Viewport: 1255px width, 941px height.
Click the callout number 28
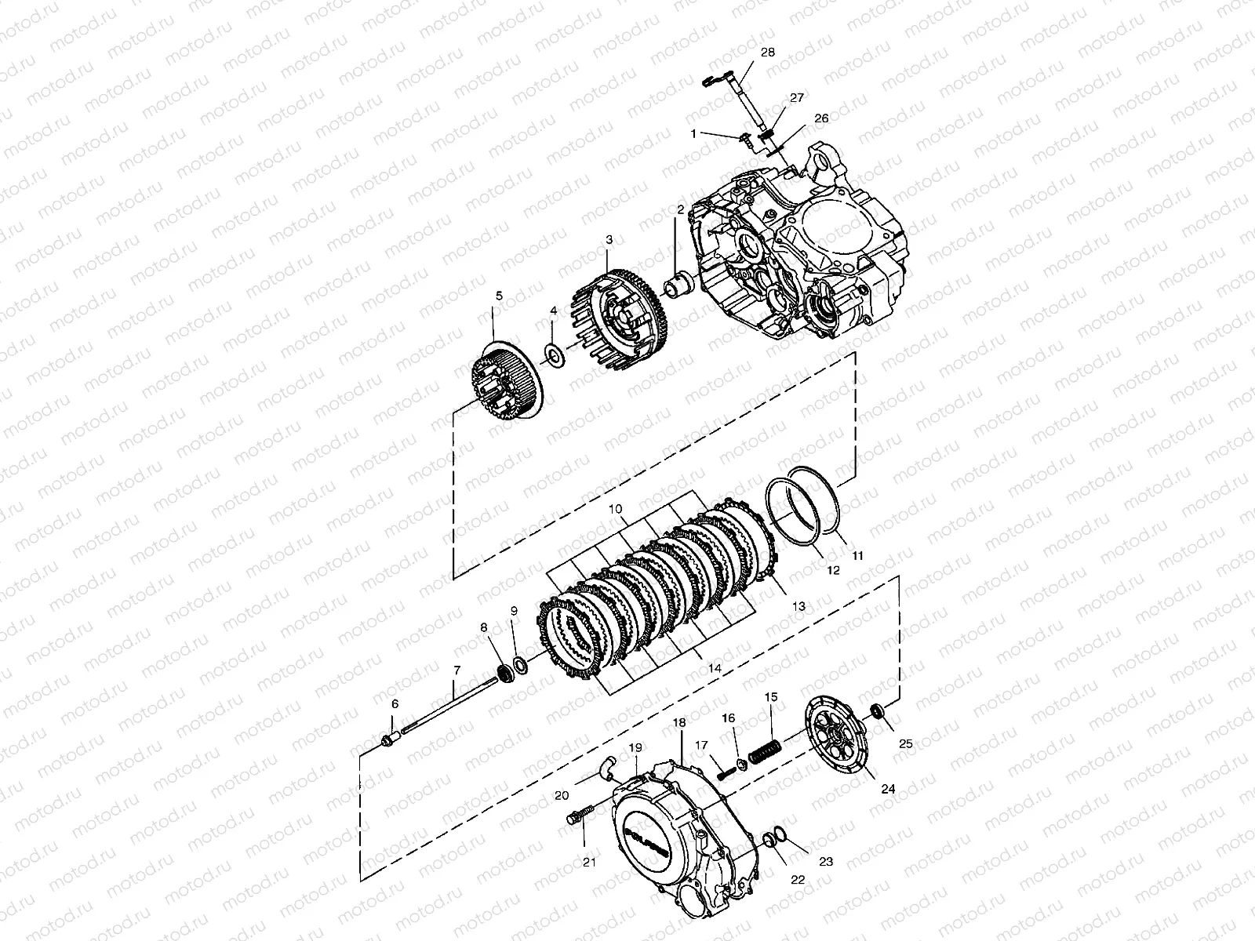[767, 53]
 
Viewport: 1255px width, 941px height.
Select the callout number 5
[497, 296]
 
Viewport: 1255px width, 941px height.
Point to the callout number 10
[616, 510]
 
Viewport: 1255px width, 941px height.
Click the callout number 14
[714, 668]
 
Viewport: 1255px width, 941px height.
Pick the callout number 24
[887, 790]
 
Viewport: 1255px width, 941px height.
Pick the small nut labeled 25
[878, 712]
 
